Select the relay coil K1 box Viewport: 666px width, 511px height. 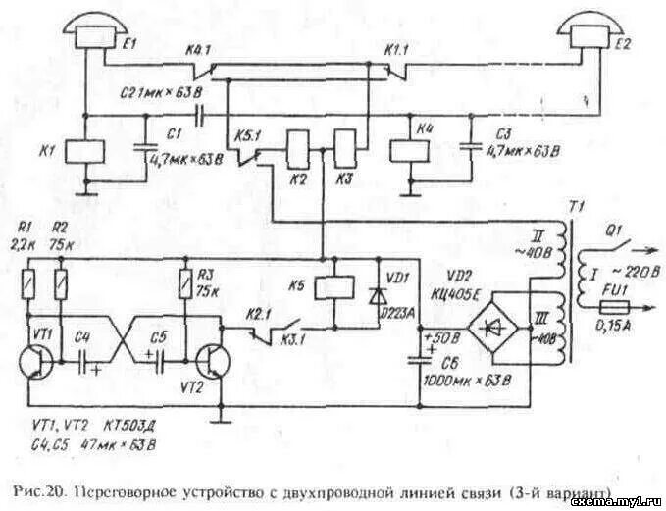[90, 151]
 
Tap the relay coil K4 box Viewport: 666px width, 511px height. [407, 151]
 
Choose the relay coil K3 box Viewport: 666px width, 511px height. [345, 150]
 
